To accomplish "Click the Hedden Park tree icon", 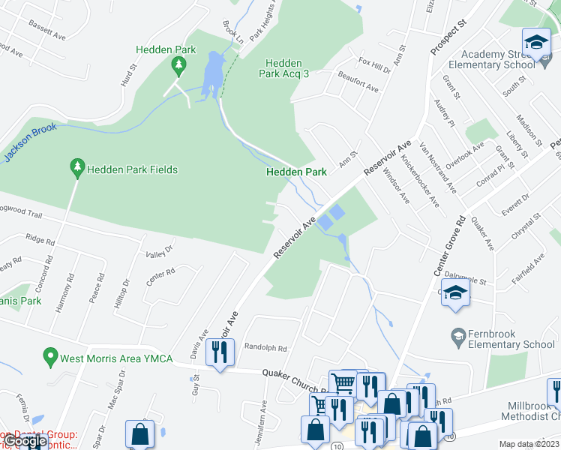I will click(178, 67).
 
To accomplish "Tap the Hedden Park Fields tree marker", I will click(76, 169).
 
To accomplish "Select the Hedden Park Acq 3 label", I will click(284, 69).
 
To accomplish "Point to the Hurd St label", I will click(128, 78).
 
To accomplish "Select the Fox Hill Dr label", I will click(375, 64).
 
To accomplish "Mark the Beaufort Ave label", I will click(358, 82).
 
